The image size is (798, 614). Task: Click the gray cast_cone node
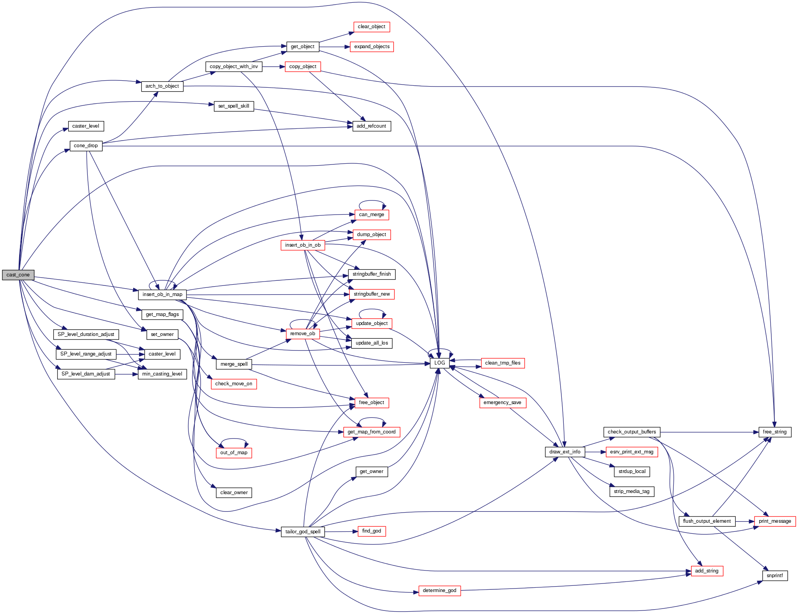click(x=18, y=275)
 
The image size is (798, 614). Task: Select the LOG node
click(x=440, y=363)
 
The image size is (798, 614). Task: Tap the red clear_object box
click(x=371, y=27)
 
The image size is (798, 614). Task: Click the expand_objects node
click(x=372, y=47)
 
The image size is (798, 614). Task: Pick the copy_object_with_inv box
click(x=233, y=67)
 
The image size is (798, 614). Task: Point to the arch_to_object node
click(x=162, y=86)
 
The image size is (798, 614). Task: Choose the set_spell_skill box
click(x=233, y=106)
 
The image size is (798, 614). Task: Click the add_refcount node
click(x=371, y=126)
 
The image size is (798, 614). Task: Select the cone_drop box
click(x=86, y=146)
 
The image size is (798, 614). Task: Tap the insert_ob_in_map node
click(x=162, y=294)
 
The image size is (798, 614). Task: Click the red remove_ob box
click(x=302, y=334)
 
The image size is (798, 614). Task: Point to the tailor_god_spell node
click(x=302, y=532)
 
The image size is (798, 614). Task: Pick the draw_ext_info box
click(x=565, y=452)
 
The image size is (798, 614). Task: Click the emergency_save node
click(x=502, y=403)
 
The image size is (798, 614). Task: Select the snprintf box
click(x=774, y=576)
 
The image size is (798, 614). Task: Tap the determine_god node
click(x=440, y=591)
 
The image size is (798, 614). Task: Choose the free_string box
click(x=774, y=432)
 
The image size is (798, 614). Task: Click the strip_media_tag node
click(x=632, y=491)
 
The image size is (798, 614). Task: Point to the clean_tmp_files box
click(x=503, y=363)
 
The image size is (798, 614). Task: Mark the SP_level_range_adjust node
click(x=86, y=354)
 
